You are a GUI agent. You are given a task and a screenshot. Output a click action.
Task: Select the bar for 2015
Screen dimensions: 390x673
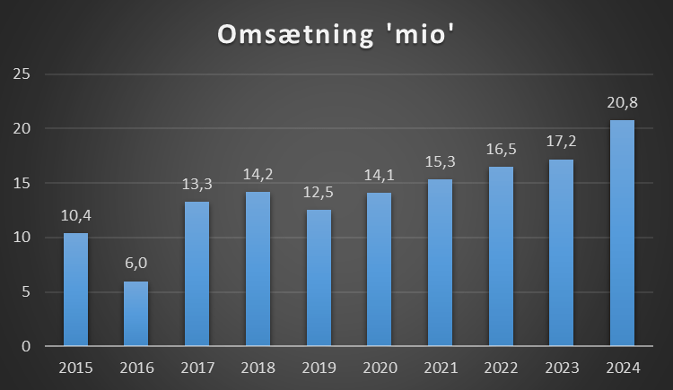click(x=75, y=289)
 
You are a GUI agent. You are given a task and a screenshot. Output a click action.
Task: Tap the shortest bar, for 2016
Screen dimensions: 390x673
click(x=136, y=314)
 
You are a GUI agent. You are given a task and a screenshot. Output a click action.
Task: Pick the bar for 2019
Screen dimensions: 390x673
click(x=319, y=278)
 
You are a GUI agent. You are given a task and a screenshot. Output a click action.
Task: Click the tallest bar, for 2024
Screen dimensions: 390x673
click(x=622, y=233)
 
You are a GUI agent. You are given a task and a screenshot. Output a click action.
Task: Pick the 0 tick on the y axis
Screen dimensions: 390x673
click(x=28, y=347)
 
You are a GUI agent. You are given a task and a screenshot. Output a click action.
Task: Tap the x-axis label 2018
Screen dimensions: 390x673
click(x=258, y=368)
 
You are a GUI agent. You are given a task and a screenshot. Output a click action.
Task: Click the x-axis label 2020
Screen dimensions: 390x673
click(x=379, y=368)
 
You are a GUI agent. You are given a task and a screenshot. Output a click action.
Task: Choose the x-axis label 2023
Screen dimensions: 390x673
click(x=561, y=368)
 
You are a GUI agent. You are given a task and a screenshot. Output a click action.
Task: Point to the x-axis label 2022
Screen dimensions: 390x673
click(x=501, y=368)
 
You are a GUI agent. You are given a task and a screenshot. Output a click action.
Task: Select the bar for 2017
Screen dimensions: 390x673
click(x=197, y=274)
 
